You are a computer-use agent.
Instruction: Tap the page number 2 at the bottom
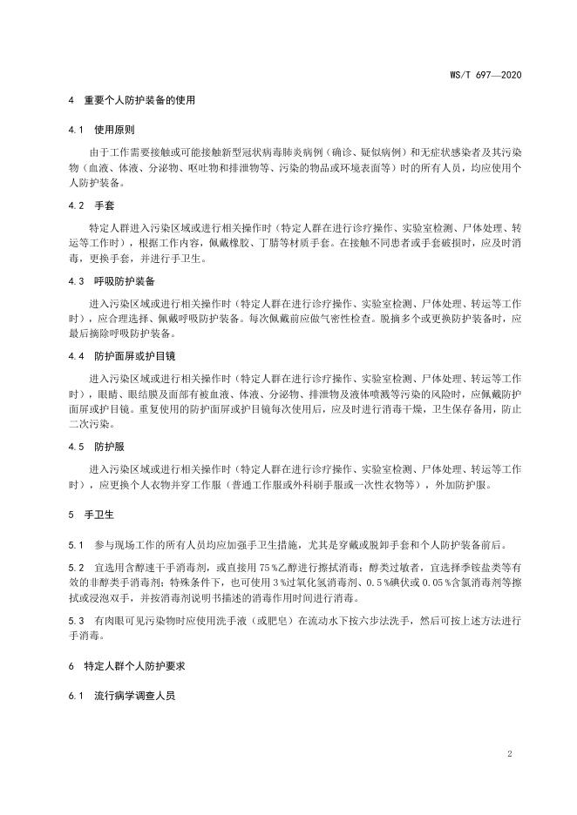(x=508, y=752)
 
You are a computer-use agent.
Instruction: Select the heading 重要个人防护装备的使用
(x=139, y=100)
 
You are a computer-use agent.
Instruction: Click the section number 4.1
(x=74, y=131)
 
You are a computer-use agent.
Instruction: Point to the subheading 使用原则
(x=112, y=131)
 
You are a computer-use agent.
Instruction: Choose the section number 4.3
(x=74, y=281)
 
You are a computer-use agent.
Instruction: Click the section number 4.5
(x=74, y=447)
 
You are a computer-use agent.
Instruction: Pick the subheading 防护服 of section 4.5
(x=107, y=447)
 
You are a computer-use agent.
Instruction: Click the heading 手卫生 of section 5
(x=95, y=515)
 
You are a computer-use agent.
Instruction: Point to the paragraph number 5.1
(x=74, y=546)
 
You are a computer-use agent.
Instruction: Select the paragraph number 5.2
(x=74, y=568)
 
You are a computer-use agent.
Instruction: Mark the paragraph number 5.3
(x=74, y=622)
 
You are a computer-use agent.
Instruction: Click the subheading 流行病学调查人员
(x=127, y=697)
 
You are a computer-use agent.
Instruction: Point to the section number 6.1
(x=74, y=697)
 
